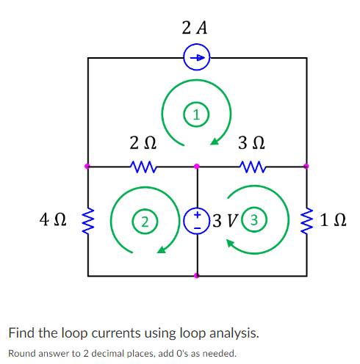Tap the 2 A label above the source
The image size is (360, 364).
point(196,29)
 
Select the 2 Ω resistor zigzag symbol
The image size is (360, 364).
point(141,167)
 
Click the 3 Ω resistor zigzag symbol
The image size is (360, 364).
point(252,167)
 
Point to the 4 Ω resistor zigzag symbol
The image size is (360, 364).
point(88,220)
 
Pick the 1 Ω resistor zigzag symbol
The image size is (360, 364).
point(306,220)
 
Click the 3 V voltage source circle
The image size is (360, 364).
point(196,220)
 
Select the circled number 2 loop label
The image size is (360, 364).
point(146,220)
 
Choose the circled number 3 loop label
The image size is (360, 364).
point(253,219)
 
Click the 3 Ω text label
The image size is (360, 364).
point(252,141)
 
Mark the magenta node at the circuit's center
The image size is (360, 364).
point(196,167)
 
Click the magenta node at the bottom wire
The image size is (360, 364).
point(196,276)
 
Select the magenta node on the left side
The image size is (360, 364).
point(88,167)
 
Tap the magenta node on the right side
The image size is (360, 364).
point(306,167)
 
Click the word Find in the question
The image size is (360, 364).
point(21,332)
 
